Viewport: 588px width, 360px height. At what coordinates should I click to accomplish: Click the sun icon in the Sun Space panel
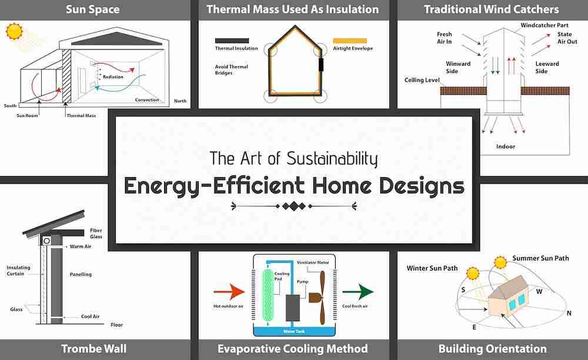pyautogui.click(x=14, y=31)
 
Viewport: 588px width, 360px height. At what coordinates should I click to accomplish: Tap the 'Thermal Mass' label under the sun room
pyautogui.click(x=81, y=115)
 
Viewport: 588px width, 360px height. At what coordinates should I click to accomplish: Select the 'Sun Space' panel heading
pyautogui.click(x=92, y=9)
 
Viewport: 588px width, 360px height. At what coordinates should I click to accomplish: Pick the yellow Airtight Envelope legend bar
pyautogui.click(x=350, y=41)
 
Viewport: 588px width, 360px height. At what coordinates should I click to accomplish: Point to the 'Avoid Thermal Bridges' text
pyautogui.click(x=228, y=69)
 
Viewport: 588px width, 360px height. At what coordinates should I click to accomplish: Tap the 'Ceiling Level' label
pyautogui.click(x=423, y=79)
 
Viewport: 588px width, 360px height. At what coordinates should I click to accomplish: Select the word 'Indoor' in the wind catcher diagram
pyautogui.click(x=506, y=146)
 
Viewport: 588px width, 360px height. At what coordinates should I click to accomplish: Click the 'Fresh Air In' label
pyautogui.click(x=444, y=38)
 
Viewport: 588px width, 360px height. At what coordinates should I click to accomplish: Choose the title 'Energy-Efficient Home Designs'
pyautogui.click(x=294, y=185)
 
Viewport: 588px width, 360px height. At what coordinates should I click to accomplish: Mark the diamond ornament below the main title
pyautogui.click(x=294, y=206)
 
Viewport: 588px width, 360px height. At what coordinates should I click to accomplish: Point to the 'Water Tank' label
pyautogui.click(x=293, y=331)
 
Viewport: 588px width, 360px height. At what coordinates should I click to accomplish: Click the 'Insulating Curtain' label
pyautogui.click(x=18, y=271)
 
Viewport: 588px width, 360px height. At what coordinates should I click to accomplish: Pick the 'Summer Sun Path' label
pyautogui.click(x=540, y=258)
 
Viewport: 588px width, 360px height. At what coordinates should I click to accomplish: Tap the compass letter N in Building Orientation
pyautogui.click(x=569, y=313)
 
